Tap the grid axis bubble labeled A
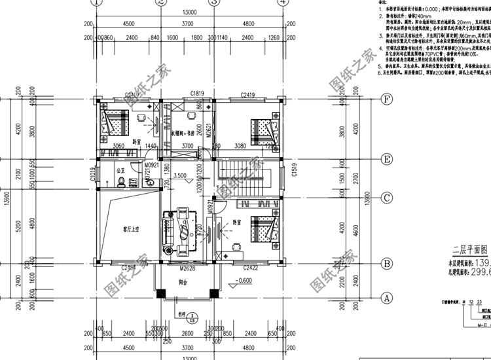coord(387,297)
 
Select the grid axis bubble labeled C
coord(387,197)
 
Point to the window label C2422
coord(251,268)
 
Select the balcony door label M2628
coord(187,268)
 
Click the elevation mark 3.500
coord(181,175)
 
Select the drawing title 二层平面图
coord(470,249)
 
